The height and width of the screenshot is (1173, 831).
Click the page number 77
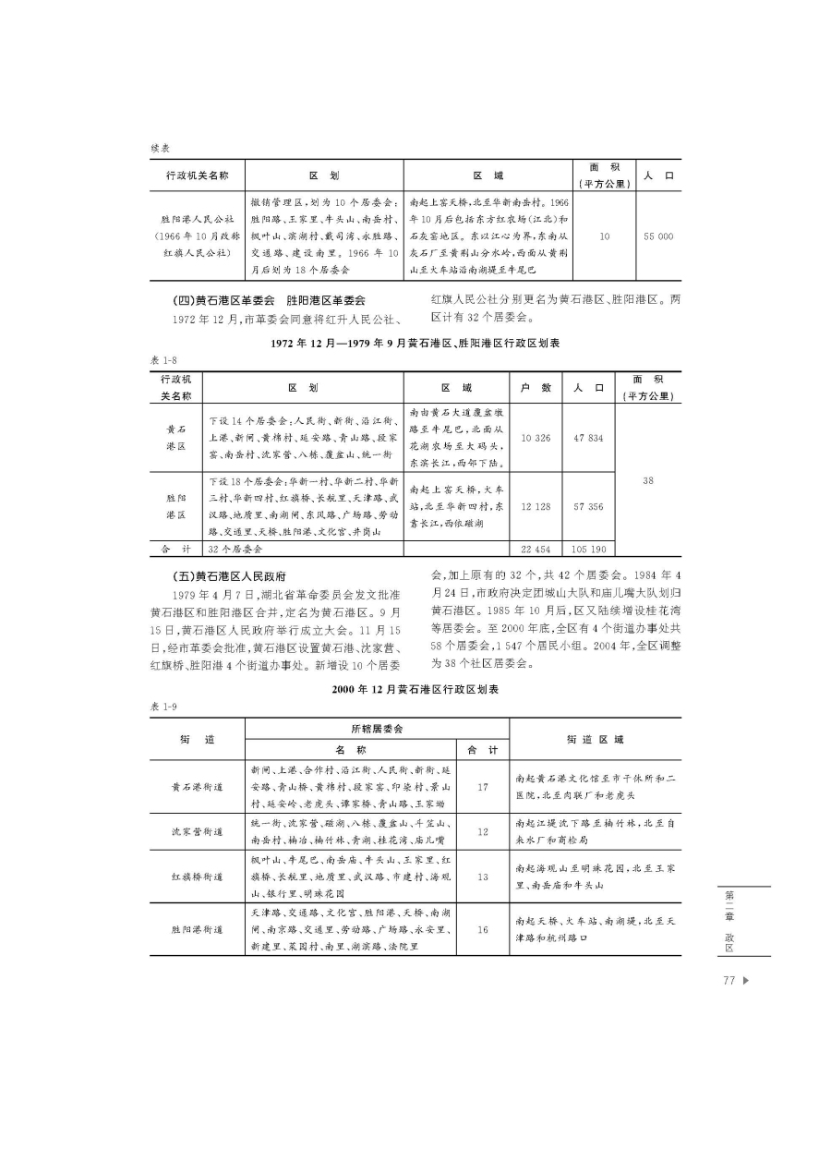(729, 981)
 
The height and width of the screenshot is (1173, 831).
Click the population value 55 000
(659, 236)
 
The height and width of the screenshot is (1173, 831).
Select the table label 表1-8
(162, 359)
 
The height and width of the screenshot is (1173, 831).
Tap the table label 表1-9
(163, 706)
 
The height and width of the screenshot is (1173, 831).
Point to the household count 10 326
(536, 438)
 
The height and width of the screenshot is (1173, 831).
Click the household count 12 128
(536, 506)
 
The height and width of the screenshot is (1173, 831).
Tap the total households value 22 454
(536, 549)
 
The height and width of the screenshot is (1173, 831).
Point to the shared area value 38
(647, 479)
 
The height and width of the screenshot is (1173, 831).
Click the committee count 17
(483, 787)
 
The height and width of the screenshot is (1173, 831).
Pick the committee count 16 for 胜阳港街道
(483, 929)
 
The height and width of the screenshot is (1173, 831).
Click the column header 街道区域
(595, 739)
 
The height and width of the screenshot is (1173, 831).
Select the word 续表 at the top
(162, 148)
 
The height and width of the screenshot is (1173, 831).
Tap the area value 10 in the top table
(605, 236)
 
